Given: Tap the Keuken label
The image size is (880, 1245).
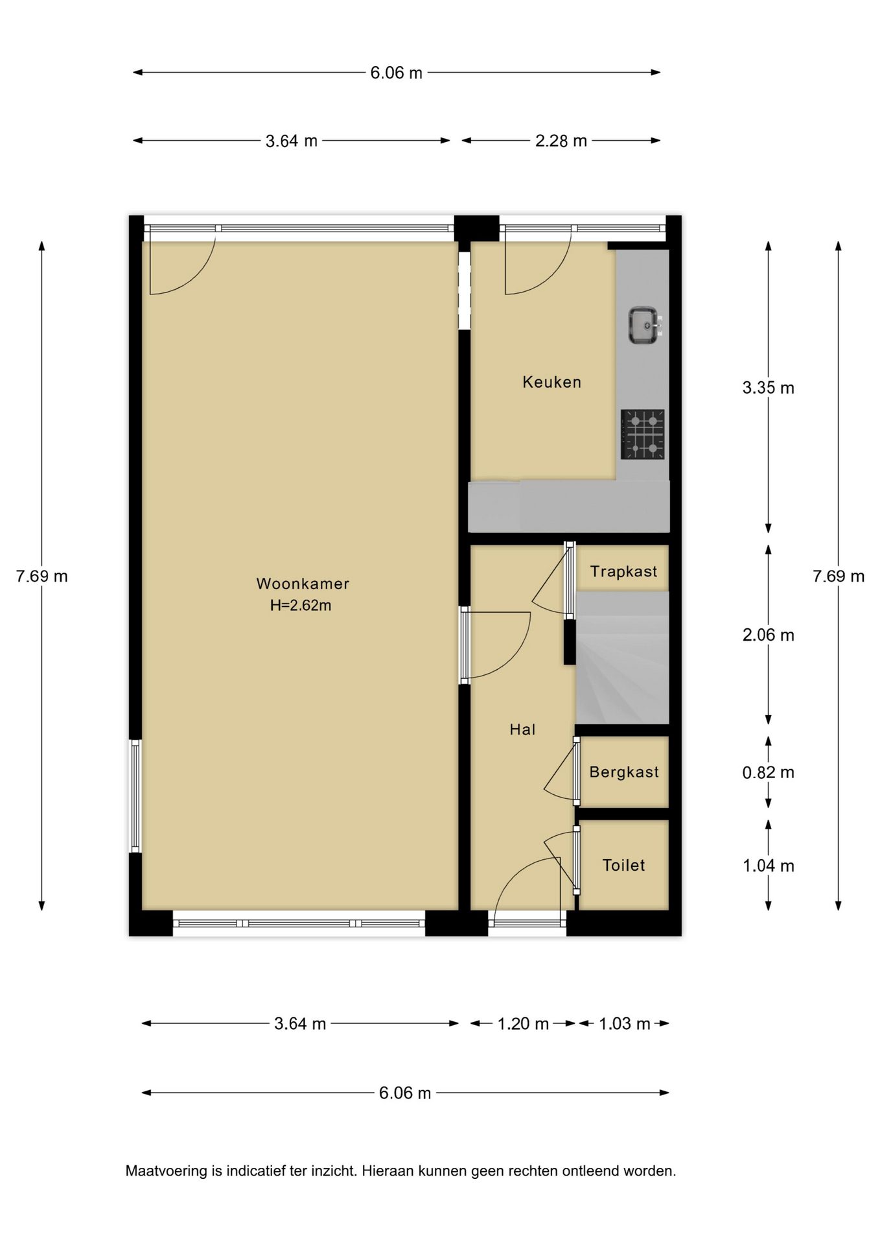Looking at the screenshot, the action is pyautogui.click(x=552, y=382).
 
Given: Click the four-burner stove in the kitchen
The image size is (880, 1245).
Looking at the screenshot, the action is pyautogui.click(x=643, y=434).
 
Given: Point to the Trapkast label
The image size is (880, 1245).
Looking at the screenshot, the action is pyautogui.click(x=623, y=571).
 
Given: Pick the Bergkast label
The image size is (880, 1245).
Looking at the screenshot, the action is pyautogui.click(x=624, y=772).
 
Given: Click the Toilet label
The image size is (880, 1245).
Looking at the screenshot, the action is pyautogui.click(x=624, y=865).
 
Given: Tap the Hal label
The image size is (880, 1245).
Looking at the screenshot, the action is pyautogui.click(x=522, y=729).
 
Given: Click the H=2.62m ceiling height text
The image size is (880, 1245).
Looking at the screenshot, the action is pyautogui.click(x=301, y=606).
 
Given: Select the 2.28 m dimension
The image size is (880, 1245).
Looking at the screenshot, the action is pyautogui.click(x=561, y=141).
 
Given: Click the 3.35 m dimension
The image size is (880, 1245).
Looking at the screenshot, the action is pyautogui.click(x=769, y=388).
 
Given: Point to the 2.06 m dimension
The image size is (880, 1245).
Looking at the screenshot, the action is pyautogui.click(x=769, y=635).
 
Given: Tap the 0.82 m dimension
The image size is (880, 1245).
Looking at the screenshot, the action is pyautogui.click(x=769, y=772).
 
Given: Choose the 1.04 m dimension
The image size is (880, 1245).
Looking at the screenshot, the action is pyautogui.click(x=769, y=866).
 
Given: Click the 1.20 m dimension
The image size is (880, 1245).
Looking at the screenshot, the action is pyautogui.click(x=523, y=1024).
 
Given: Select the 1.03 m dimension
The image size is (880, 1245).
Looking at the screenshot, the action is pyautogui.click(x=625, y=1024).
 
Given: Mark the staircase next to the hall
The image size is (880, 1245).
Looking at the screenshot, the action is pyautogui.click(x=622, y=658).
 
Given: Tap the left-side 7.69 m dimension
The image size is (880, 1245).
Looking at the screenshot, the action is pyautogui.click(x=42, y=576).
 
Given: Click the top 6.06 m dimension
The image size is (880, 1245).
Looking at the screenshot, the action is pyautogui.click(x=397, y=73).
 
